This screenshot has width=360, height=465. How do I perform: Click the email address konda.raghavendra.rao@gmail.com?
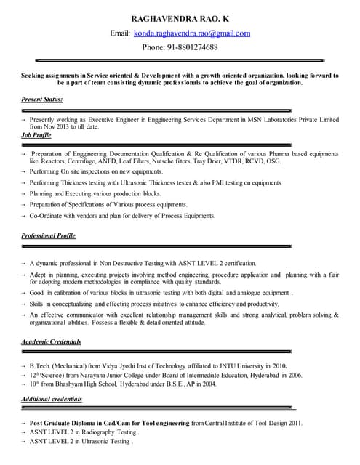click(x=191, y=33)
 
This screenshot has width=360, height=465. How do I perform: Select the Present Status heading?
click(x=41, y=98)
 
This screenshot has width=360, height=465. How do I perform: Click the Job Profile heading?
click(x=36, y=135)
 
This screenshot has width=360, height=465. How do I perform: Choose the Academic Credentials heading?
click(x=51, y=341)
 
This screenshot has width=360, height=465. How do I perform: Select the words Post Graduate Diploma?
click(x=69, y=423)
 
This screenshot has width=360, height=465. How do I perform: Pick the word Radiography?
click(x=107, y=432)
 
